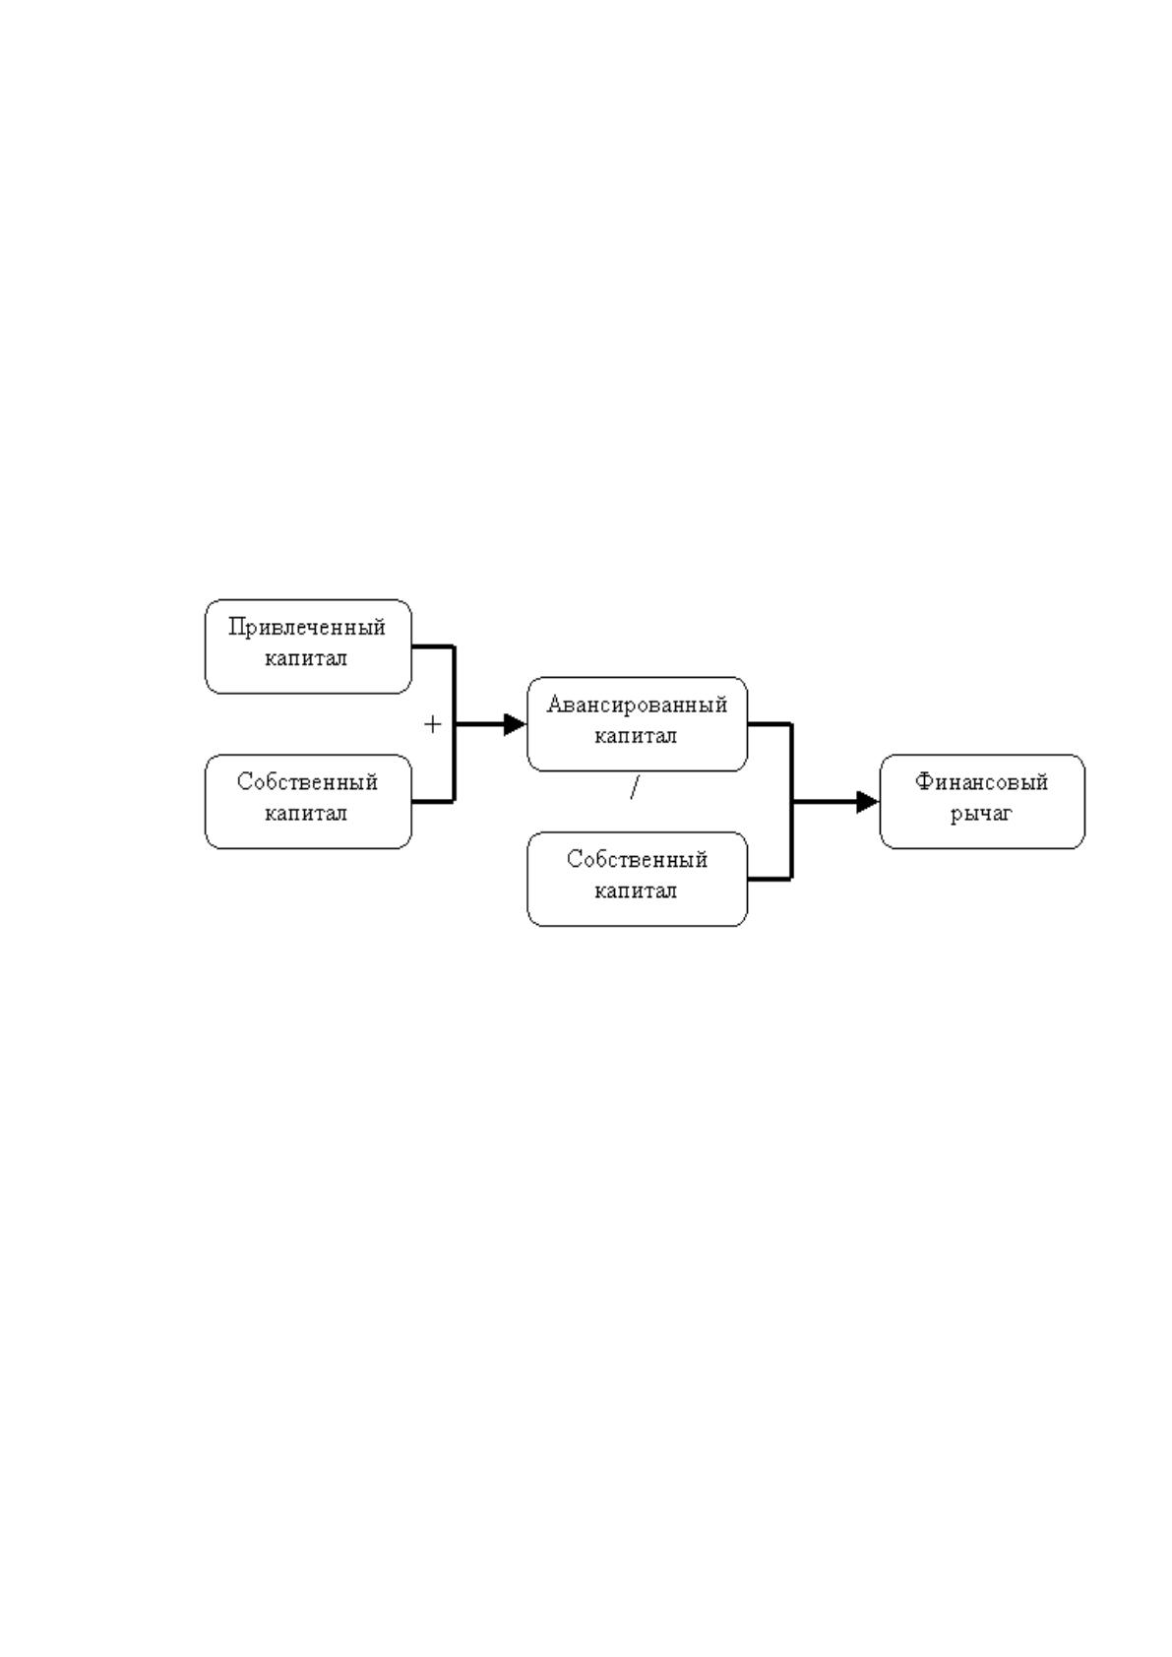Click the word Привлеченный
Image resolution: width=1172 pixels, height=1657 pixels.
point(307,628)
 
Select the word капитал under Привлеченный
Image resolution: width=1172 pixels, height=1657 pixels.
point(306,658)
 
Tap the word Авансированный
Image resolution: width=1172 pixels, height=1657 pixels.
point(637,705)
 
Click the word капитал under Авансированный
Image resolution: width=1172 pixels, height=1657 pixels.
point(636,736)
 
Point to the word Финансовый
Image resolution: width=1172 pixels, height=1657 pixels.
point(981,782)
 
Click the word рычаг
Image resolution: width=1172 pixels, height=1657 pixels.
point(981,815)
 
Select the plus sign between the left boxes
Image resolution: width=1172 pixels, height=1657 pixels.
point(433,724)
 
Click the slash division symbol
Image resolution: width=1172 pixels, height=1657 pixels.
point(634,789)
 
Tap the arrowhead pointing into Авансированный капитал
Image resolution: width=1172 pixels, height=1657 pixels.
point(515,724)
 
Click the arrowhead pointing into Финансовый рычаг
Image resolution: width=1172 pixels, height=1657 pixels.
point(868,802)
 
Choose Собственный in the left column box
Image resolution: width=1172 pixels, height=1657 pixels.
point(307,782)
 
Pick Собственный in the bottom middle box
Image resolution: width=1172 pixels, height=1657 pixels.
point(637,860)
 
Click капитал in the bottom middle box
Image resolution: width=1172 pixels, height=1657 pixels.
point(636,890)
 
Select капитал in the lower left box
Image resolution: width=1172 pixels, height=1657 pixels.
point(306,814)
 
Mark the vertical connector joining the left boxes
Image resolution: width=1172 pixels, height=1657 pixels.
point(455,724)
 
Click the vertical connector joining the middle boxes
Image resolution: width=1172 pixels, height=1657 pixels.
point(792,802)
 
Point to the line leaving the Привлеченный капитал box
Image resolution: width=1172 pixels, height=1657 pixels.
point(433,646)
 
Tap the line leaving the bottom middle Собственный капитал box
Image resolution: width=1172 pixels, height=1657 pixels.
point(771,880)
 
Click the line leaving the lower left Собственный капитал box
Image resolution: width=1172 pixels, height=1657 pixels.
point(433,801)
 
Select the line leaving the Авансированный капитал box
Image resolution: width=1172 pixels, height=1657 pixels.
point(771,724)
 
